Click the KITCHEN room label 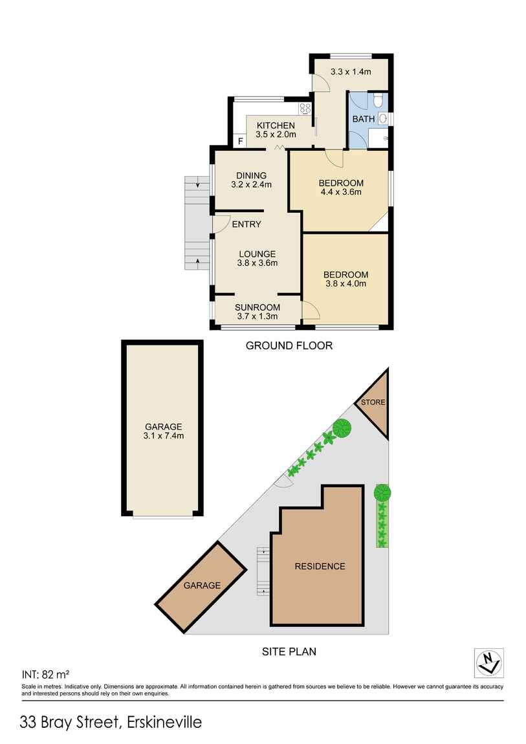tap(276, 125)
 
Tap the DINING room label tap(251, 175)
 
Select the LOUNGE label tap(257, 254)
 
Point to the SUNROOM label tap(258, 307)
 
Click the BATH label tap(364, 119)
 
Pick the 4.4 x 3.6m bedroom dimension tap(340, 191)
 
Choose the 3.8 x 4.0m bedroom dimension tap(345, 283)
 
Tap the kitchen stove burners tap(305, 108)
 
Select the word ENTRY tap(247, 224)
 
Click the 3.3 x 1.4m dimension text tap(351, 72)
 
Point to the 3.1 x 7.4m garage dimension tap(164, 435)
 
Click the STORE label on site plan tap(373, 402)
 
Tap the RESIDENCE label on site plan tap(320, 566)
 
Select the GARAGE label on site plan tap(201, 585)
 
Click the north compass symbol tap(488, 661)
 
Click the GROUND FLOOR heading tap(289, 346)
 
